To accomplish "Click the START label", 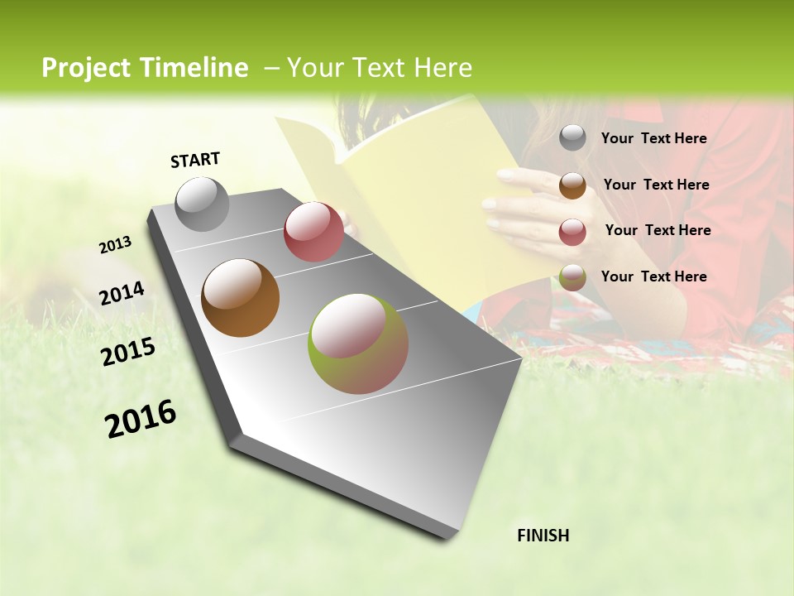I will pos(195,160).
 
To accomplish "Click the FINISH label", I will pos(543,536).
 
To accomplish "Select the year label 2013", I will pos(115,245).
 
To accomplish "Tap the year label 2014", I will pos(122,293).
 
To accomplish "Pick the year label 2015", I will pos(128,352).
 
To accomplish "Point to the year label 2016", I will pos(141,419).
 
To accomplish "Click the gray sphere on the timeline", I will pos(203,204).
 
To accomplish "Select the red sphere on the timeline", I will pos(313,232).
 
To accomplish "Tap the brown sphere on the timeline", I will pos(240,298).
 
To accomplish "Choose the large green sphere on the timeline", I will pos(358,344).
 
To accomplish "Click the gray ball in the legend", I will pos(572,138).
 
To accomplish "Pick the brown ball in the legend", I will pos(572,185).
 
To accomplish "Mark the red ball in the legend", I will pos(572,232).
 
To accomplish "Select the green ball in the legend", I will pos(572,277).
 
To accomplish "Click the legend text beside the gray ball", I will pos(653,139).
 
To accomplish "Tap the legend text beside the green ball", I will pos(653,276).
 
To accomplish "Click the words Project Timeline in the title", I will pos(145,68).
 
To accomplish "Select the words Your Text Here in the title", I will pos(379,68).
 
